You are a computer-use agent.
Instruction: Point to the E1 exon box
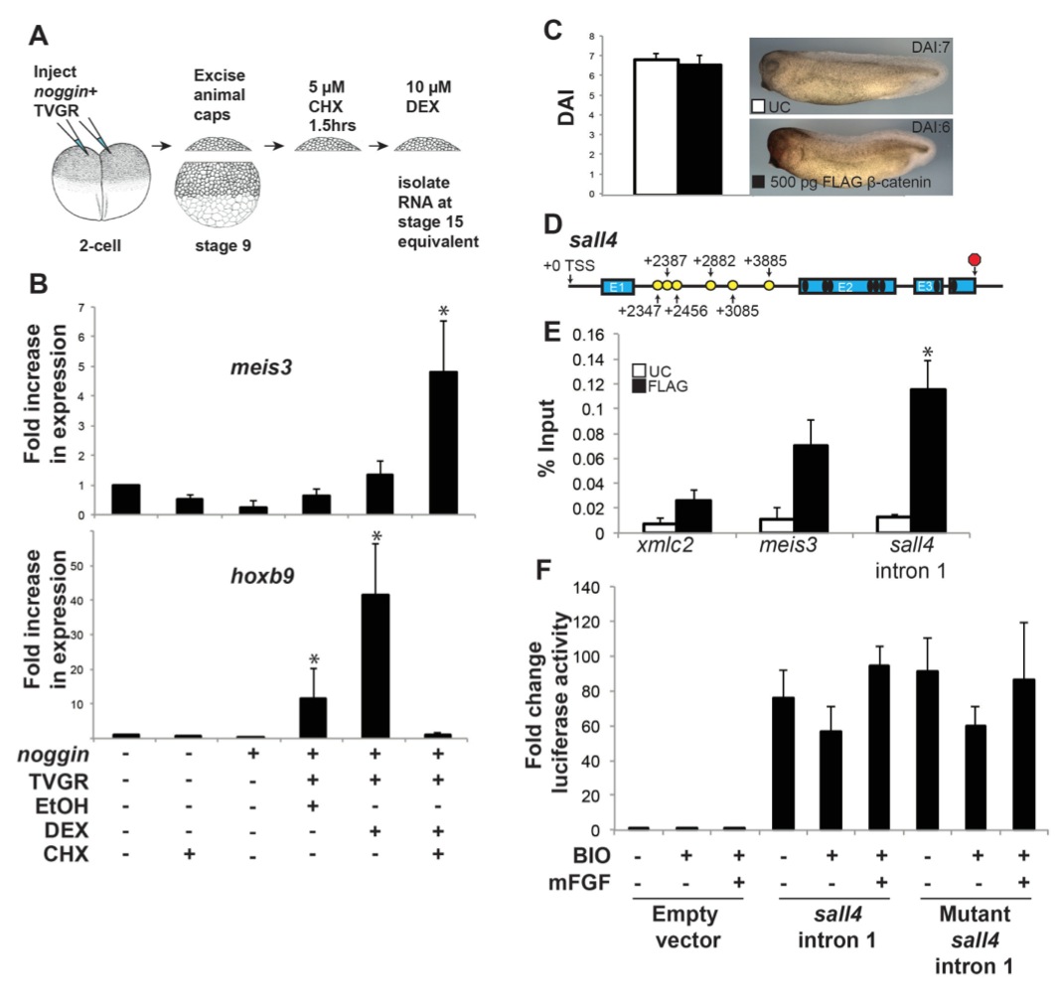[616, 286]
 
